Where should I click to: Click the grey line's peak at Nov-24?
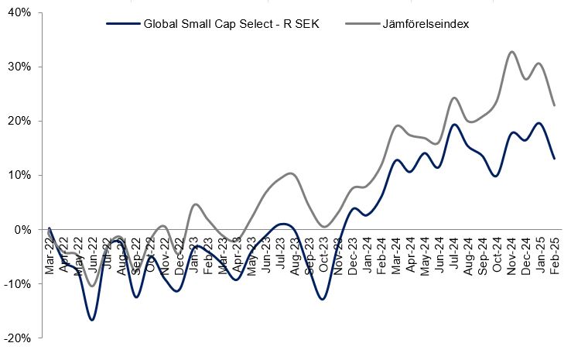coord(512,52)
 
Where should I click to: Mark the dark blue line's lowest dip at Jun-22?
coord(92,320)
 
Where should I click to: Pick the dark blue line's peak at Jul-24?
coord(455,125)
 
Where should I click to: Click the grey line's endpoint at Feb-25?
coord(555,105)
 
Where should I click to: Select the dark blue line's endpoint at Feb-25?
coord(555,159)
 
